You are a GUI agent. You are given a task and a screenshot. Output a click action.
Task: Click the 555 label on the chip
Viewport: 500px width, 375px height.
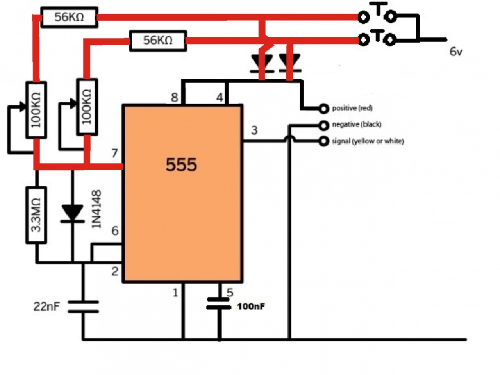(181, 164)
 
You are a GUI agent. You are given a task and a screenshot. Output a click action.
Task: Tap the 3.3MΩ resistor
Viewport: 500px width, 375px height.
(36, 215)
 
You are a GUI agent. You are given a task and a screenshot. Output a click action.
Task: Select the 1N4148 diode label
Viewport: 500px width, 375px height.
(96, 209)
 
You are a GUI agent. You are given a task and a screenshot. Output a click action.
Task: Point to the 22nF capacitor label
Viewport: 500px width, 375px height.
(46, 307)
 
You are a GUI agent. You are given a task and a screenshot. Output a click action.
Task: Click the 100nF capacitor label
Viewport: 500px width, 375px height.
(251, 307)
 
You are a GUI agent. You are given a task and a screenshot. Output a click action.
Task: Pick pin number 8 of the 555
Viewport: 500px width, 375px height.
(175, 97)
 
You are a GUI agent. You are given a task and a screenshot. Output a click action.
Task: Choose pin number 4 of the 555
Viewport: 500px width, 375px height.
(220, 97)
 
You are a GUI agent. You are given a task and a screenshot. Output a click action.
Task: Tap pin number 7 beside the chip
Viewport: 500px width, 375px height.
(114, 153)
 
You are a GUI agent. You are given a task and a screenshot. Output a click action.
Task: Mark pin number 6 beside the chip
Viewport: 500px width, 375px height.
(115, 230)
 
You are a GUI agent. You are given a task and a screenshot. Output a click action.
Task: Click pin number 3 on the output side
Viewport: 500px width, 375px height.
(254, 130)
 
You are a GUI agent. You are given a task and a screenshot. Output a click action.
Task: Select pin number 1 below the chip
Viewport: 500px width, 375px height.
(175, 292)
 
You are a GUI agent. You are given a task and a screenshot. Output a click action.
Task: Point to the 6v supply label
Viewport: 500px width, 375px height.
(456, 51)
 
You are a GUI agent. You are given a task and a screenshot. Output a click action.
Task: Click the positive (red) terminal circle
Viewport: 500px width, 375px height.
(323, 108)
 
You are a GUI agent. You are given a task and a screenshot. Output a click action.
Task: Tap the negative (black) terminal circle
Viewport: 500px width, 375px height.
(323, 125)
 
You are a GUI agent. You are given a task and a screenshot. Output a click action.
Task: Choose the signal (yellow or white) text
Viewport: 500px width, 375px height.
(368, 141)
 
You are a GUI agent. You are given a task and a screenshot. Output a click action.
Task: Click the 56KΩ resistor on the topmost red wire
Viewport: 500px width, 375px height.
(69, 17)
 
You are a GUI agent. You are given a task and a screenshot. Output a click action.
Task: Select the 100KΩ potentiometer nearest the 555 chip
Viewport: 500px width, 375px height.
(87, 107)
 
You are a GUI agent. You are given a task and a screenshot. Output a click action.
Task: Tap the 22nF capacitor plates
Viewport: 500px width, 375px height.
(83, 307)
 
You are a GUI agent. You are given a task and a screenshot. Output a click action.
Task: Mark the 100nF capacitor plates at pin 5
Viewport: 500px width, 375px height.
(219, 304)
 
